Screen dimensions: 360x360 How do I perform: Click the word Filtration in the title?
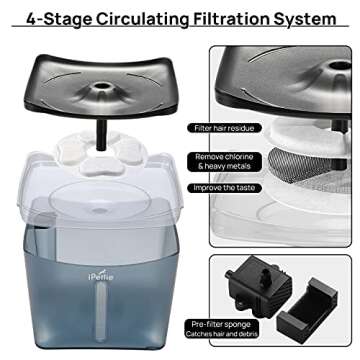click(227, 18)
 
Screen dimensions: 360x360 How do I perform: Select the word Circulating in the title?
click(133, 18)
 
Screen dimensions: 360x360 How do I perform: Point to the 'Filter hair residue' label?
click(230, 127)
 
